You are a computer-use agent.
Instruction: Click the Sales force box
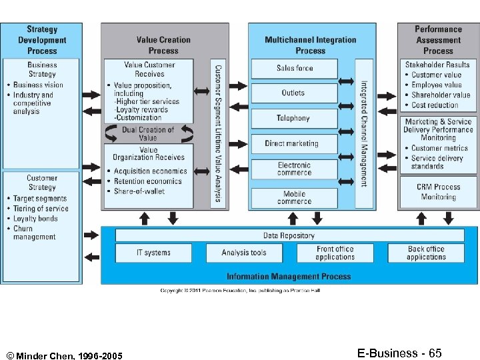pos(294,68)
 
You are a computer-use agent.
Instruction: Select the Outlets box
pos(294,93)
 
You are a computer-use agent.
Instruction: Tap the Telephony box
pos(294,119)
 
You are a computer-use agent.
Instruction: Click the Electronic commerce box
pos(294,169)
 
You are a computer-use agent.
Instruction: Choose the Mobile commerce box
pos(294,198)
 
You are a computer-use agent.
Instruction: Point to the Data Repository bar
pos(289,235)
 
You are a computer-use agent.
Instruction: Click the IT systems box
pos(153,253)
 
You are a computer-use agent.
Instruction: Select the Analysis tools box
pos(244,253)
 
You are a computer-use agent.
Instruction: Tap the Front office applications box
pos(335,253)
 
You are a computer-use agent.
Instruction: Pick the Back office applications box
pos(426,253)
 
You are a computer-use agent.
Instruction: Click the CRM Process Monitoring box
pos(438,192)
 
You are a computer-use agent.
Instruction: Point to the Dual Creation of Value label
pos(148,133)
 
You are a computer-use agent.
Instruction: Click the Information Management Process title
pos(289,276)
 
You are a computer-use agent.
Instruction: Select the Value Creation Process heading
pos(164,45)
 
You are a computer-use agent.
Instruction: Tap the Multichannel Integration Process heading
pos(311,45)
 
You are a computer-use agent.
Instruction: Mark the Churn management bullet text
pos(35,233)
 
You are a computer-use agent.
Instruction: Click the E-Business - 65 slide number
pos(399,353)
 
